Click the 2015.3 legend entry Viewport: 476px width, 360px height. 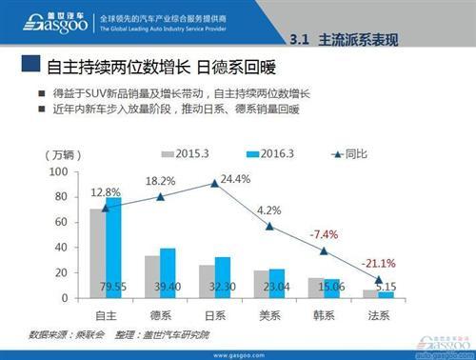coord(187,153)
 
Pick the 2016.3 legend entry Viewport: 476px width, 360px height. coord(268,153)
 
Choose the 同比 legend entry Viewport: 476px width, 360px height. coord(348,153)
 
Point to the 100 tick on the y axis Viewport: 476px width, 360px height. coord(60,171)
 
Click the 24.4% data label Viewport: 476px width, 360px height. coord(235,178)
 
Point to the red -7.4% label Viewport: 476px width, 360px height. coord(324,234)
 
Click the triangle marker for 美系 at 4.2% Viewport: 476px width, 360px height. coord(269,227)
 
